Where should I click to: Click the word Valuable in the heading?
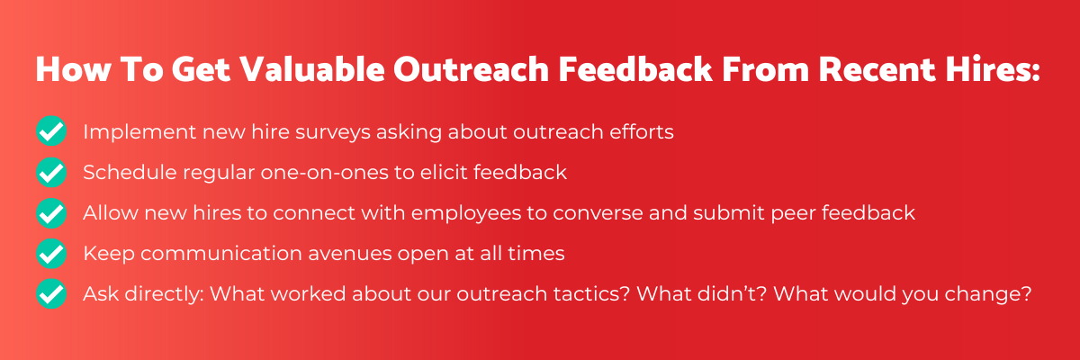(x=312, y=69)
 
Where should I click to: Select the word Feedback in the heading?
(x=635, y=69)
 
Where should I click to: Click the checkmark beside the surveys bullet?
(x=51, y=131)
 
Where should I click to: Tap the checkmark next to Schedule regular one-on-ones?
(x=51, y=172)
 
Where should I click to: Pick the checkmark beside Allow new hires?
(x=51, y=213)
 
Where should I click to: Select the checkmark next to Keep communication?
(x=51, y=254)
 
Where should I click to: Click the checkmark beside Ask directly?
(x=51, y=293)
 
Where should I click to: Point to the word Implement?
(x=139, y=132)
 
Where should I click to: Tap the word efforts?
(x=641, y=131)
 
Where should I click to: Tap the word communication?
(x=221, y=254)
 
